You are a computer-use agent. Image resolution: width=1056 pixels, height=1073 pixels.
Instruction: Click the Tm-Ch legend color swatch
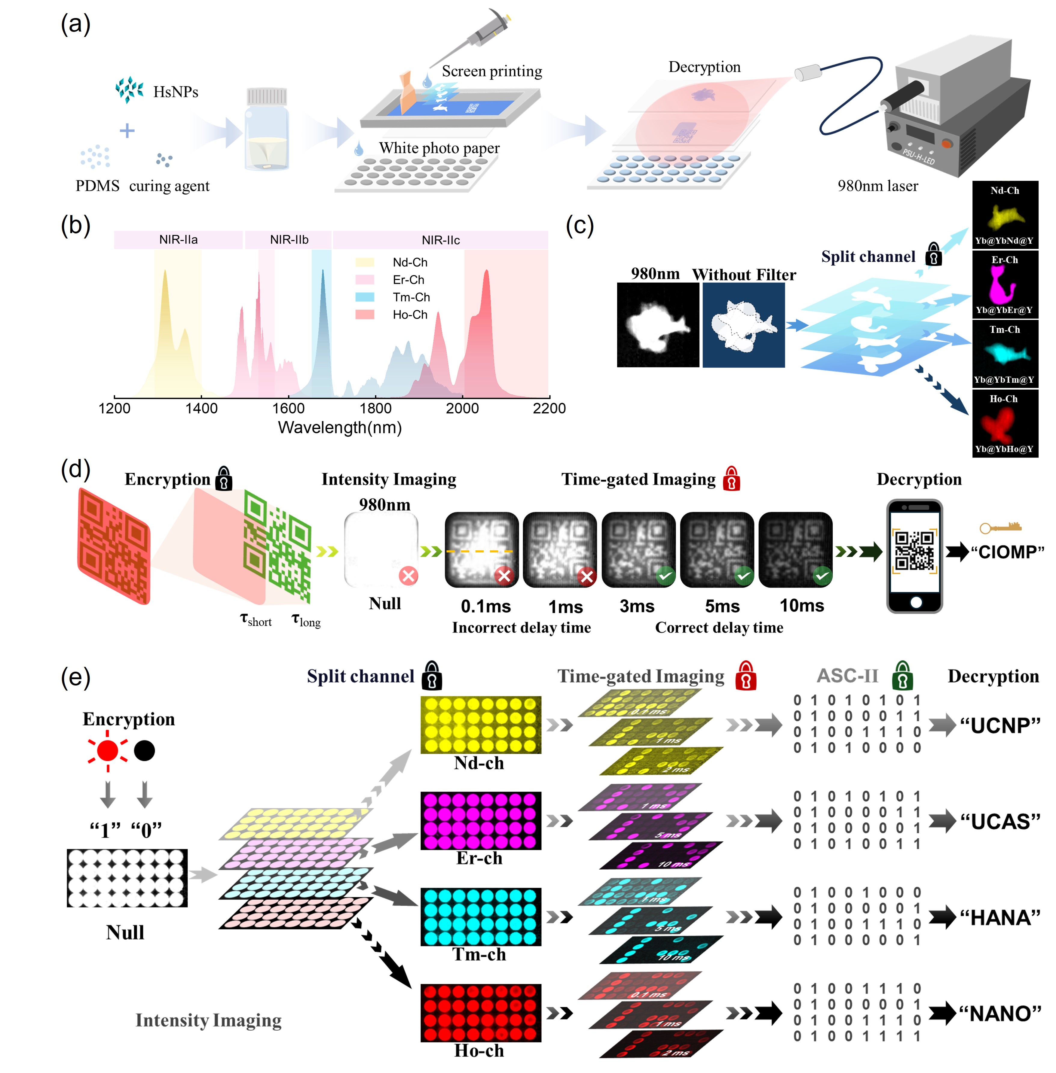pos(364,297)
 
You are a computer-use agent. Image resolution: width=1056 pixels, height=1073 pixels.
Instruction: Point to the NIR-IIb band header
pos(289,239)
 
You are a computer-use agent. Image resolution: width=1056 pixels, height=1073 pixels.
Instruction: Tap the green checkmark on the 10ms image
pos(822,576)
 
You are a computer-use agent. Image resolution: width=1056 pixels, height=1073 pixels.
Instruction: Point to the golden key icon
pos(1000,527)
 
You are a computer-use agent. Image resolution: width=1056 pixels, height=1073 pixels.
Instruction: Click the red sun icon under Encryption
pos(108,750)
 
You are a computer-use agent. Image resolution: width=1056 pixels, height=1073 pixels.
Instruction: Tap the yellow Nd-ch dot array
pos(480,724)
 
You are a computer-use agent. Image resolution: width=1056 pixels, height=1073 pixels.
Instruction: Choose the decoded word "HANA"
pos(1000,918)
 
